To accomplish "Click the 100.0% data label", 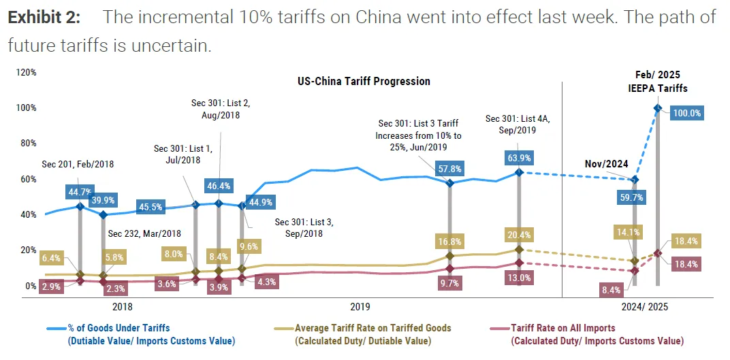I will tap(686, 114).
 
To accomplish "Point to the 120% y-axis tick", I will tap(26, 72).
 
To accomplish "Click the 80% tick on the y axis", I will tap(28, 144).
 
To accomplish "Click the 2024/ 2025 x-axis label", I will tap(645, 307).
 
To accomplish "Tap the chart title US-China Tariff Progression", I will tap(364, 81).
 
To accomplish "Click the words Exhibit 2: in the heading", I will tap(46, 17).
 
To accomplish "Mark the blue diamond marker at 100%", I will tap(657, 108).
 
